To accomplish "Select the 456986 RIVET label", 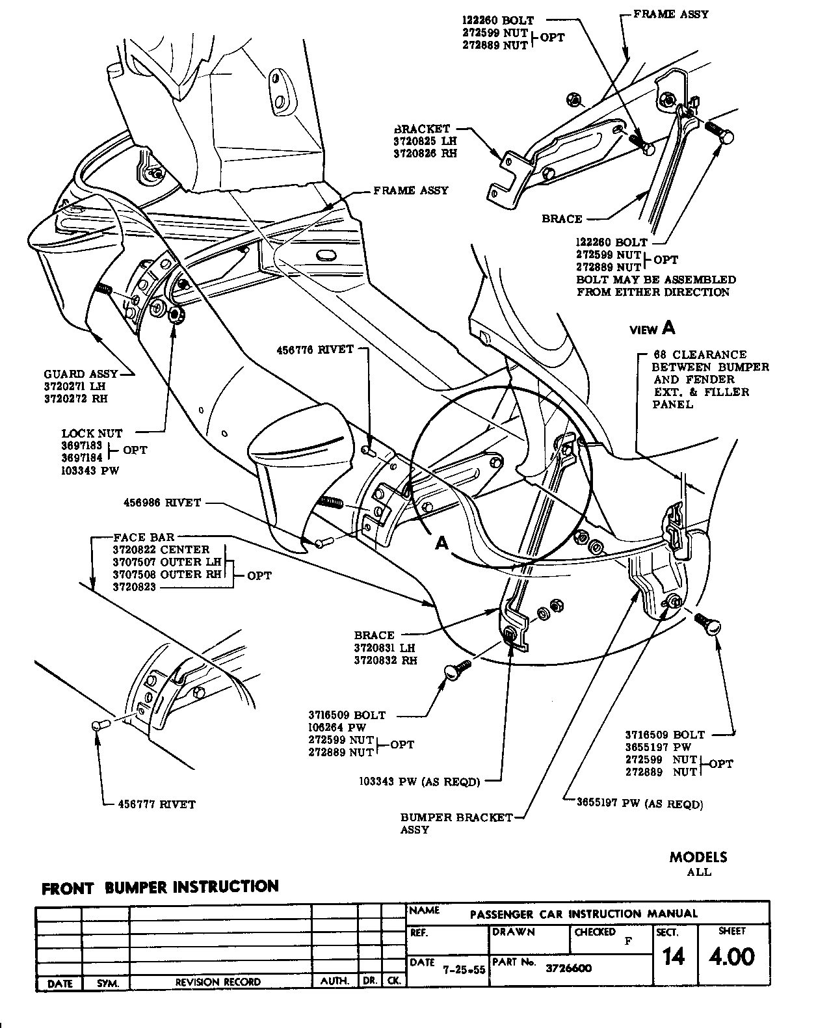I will (162, 503).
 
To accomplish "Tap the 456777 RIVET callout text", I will (156, 804).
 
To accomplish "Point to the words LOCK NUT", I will (92, 433).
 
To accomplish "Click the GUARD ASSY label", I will (81, 374).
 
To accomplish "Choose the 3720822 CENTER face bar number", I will (161, 549).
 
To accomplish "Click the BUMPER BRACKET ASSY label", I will (456, 817).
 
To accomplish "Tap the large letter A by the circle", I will (442, 543).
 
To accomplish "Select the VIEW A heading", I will (652, 329).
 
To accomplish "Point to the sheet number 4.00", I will (732, 957).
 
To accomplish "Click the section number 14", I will (673, 957).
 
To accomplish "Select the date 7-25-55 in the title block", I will (464, 969).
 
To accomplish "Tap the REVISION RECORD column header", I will (218, 982).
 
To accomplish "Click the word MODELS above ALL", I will (698, 857).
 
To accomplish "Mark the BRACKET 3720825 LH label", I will (426, 142).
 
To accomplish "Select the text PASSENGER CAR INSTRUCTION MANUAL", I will (583, 914).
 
